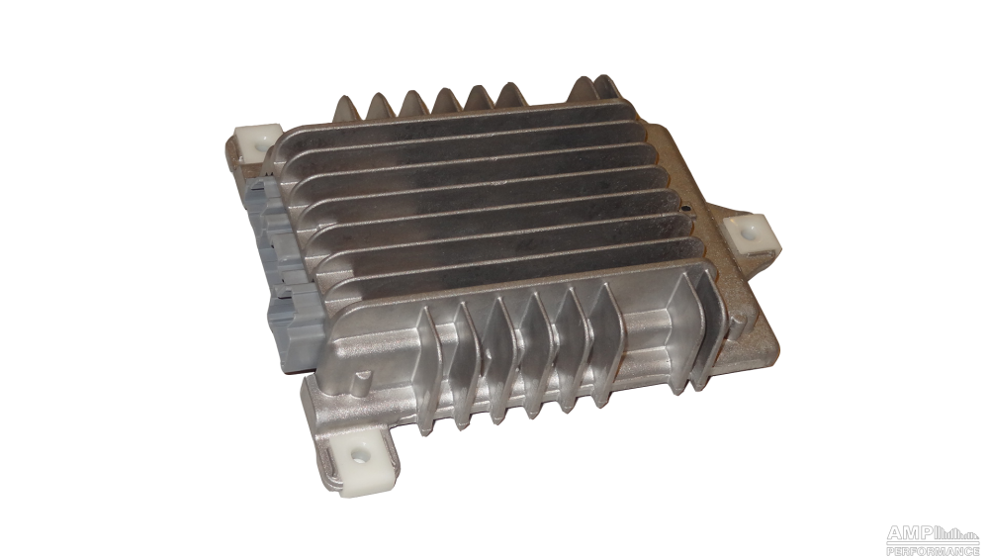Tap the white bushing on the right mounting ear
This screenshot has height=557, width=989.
(752, 233)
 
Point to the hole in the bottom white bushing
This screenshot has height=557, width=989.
(360, 453)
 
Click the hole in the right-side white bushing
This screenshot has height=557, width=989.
(749, 233)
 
